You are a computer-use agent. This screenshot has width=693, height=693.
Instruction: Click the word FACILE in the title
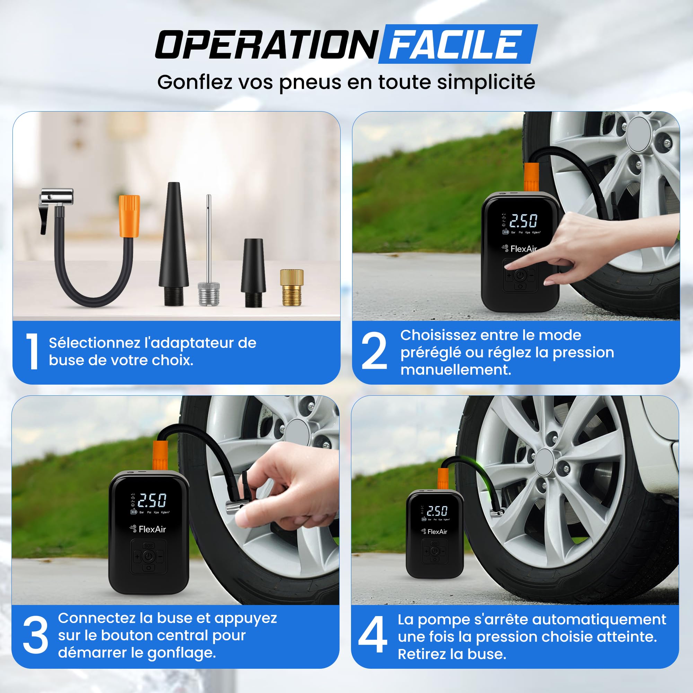pyautogui.click(x=455, y=44)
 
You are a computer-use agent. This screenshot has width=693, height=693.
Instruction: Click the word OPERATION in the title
pyautogui.click(x=266, y=44)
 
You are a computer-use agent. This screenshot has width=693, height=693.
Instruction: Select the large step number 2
pyautogui.click(x=374, y=350)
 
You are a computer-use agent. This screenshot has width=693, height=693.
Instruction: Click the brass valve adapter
pyautogui.click(x=292, y=287)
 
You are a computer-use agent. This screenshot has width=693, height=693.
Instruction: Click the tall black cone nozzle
pyautogui.click(x=174, y=244)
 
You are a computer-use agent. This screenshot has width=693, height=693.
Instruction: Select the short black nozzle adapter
pyautogui.click(x=254, y=273)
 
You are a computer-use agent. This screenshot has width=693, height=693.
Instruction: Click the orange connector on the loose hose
pyautogui.click(x=129, y=216)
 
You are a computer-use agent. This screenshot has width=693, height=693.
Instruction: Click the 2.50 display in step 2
pyautogui.click(x=523, y=221)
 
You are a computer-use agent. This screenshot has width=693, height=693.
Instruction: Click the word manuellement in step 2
pyautogui.click(x=456, y=370)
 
